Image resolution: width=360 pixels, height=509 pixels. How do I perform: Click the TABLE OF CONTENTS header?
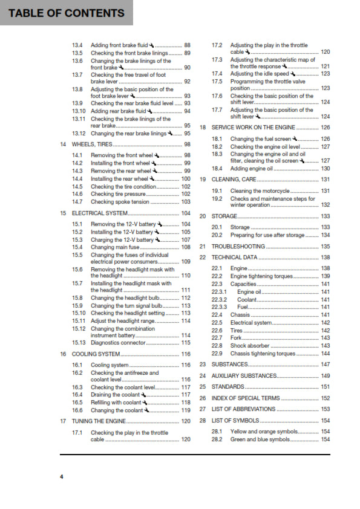pos(63,13)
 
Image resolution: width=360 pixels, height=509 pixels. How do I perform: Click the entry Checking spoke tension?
pos(120,201)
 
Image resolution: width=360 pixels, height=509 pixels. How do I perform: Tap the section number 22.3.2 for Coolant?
pos(219,299)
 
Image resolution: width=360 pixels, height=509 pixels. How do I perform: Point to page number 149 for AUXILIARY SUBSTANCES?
pos(326,375)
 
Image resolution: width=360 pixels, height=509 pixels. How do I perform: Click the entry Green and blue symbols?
pos(260,439)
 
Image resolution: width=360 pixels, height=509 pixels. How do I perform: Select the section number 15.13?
pos(79,343)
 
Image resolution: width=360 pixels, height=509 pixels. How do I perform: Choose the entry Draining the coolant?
pos(115,395)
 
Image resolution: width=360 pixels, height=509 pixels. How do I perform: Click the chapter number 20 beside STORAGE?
pos(203,216)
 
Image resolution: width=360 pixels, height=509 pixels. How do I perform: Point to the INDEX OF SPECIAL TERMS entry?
pos(245,398)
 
